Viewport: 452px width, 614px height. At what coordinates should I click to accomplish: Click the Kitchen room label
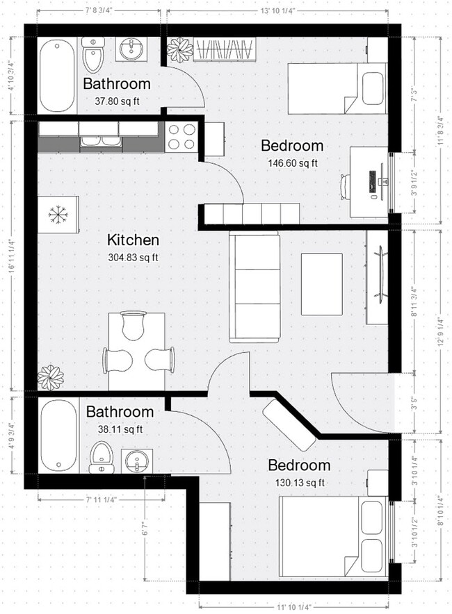133,240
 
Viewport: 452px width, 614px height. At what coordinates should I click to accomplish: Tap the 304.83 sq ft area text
133,258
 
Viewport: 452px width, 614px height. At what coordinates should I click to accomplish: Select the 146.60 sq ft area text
292,163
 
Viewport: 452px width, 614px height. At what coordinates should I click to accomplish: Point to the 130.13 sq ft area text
299,483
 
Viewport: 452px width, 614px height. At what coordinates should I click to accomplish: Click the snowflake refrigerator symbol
56,215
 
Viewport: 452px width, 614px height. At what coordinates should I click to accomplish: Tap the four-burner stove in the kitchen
182,136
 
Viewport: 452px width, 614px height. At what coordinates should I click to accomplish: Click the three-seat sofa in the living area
255,287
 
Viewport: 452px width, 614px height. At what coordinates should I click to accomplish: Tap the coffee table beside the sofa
321,283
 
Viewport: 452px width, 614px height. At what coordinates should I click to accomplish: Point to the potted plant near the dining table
50,377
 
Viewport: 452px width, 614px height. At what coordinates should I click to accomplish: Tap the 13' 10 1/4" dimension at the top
279,11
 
